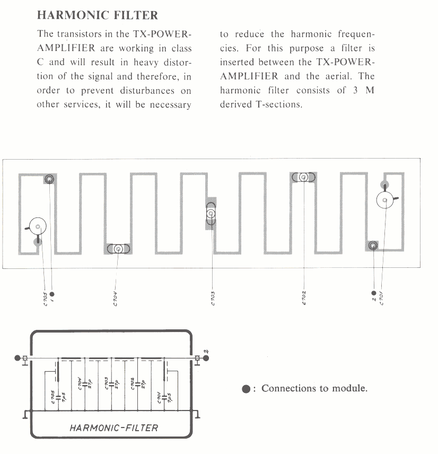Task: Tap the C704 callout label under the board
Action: point(115,299)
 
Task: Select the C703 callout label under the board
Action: point(212,299)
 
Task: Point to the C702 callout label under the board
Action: point(303,299)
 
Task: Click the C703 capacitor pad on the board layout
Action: point(211,214)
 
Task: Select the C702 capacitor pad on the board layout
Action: point(303,177)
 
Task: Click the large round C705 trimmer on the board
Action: point(38,226)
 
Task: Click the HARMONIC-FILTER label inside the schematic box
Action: point(114,427)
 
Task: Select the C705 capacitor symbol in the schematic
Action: point(57,397)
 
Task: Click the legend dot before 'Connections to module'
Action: point(246,389)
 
